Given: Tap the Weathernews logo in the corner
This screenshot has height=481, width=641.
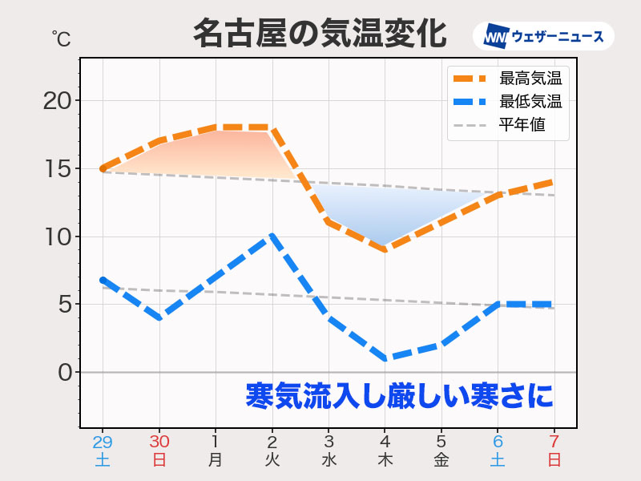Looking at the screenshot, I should [x=543, y=36].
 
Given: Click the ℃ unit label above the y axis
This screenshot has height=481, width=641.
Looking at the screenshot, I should [x=61, y=37].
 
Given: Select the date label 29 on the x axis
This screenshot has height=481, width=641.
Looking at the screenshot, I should [x=103, y=442].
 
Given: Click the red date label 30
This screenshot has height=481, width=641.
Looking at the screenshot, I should [x=159, y=442].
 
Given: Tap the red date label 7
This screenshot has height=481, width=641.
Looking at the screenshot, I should [x=554, y=442].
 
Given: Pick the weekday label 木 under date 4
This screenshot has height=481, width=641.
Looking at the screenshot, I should [x=385, y=461].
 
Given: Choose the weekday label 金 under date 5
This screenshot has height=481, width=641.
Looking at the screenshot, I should [x=441, y=461].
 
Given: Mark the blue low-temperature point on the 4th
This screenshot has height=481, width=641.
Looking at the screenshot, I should [x=385, y=358].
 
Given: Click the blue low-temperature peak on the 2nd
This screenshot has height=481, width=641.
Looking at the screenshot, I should [x=272, y=236].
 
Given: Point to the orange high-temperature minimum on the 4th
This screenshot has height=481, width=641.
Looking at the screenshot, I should [x=385, y=250].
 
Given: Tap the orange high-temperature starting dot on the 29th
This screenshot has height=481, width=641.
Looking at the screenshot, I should [x=103, y=169].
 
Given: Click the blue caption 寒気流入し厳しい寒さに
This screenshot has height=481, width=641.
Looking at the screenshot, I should [x=399, y=396].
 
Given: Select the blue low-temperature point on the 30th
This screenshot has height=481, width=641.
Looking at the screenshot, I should [x=159, y=317].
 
